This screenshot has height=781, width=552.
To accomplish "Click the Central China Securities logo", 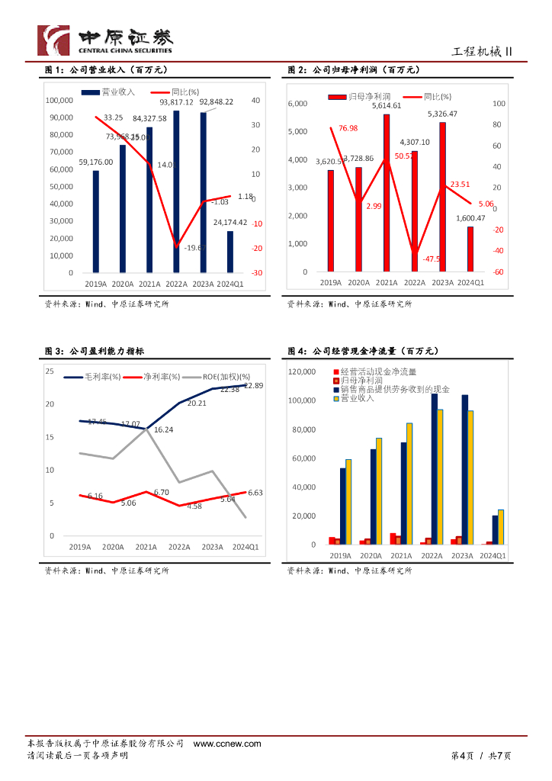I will coord(105,40).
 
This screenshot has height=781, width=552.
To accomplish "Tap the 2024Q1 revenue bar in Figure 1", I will coord(230,252).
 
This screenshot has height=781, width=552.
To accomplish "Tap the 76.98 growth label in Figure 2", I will coord(348,128).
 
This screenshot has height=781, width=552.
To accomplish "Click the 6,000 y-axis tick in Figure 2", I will coord(297,103).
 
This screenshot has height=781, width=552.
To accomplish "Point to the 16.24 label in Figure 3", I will coord(163,430).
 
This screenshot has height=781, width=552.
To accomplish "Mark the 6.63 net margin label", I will coord(255,493).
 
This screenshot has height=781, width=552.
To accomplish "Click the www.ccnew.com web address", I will coord(218,744).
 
